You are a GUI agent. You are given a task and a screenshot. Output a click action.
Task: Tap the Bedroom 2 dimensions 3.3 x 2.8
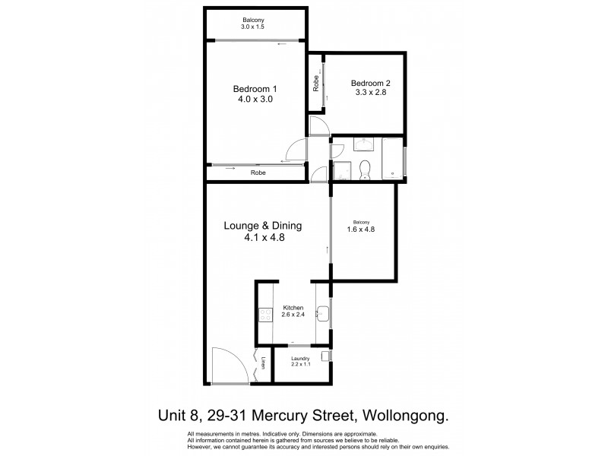pyautogui.click(x=369, y=94)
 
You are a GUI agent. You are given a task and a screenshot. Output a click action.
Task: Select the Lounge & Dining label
pyautogui.click(x=263, y=226)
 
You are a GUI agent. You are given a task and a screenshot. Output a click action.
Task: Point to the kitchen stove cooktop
pyautogui.click(x=264, y=314)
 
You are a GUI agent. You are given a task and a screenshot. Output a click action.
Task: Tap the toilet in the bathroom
pyautogui.click(x=364, y=169)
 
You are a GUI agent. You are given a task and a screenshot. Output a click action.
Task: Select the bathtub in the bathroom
pyautogui.click(x=393, y=160)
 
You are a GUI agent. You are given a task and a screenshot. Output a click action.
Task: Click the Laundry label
pyautogui.click(x=301, y=358)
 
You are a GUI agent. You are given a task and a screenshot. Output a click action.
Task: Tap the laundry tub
pyautogui.click(x=325, y=355)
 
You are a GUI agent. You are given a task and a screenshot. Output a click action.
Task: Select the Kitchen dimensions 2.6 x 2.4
pyautogui.click(x=293, y=315)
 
